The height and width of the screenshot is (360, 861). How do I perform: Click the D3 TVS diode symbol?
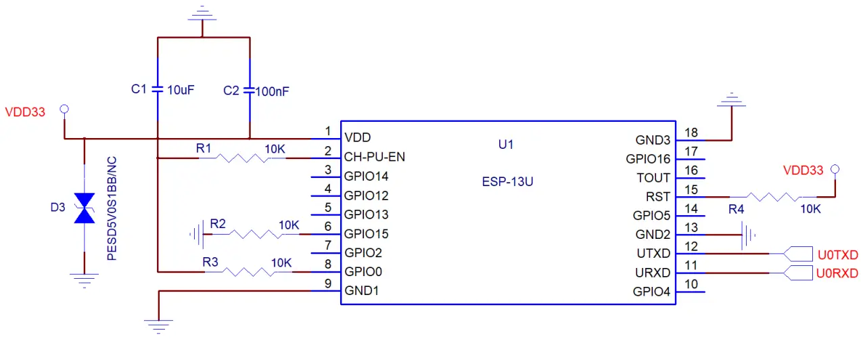pyautogui.click(x=84, y=208)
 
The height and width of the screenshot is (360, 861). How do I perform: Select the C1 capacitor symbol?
pyautogui.click(x=157, y=89)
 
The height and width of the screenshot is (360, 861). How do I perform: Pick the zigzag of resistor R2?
pyautogui.click(x=254, y=234)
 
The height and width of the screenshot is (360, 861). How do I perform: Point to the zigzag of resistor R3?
pyautogui.click(x=248, y=272)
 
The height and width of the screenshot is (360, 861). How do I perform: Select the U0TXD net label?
pyautogui.click(x=837, y=255)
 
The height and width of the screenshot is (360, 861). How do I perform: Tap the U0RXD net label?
pyautogui.click(x=837, y=273)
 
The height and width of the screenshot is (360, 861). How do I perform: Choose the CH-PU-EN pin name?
pyautogui.click(x=374, y=158)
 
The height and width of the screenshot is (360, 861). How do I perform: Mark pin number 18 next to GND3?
pyautogui.click(x=691, y=133)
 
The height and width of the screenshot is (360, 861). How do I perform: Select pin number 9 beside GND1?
pyautogui.click(x=327, y=284)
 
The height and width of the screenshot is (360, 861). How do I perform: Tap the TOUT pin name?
pyautogui.click(x=653, y=178)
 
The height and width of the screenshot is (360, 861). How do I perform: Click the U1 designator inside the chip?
pyautogui.click(x=505, y=144)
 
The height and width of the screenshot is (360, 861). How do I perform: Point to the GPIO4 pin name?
pyautogui.click(x=651, y=292)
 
